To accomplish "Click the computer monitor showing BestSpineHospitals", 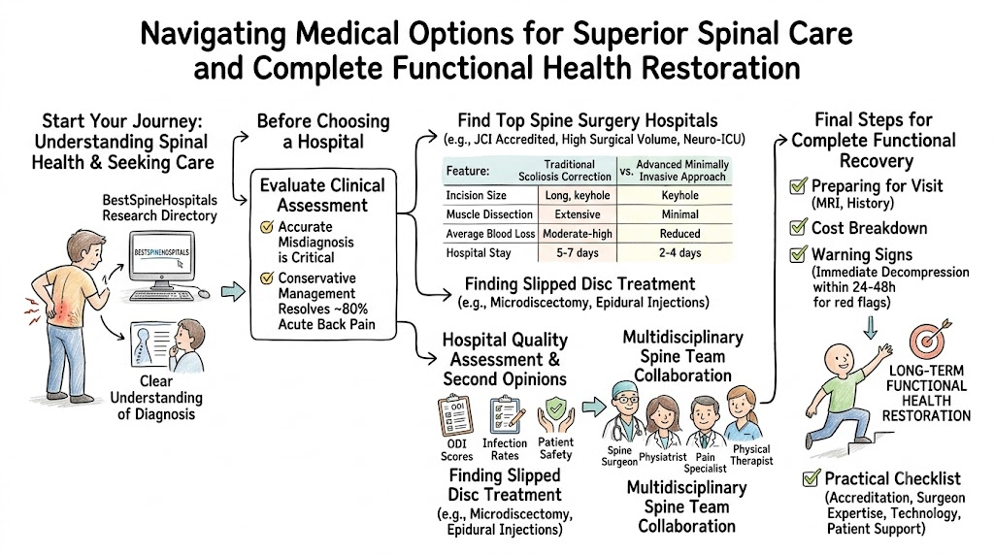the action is [162, 261].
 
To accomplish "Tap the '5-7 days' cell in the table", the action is [577, 253].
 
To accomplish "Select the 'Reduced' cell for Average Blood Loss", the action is [679, 233].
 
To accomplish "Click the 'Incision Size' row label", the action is [476, 195].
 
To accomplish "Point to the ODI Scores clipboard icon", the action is [455, 414].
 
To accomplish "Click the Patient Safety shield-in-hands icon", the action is [555, 414].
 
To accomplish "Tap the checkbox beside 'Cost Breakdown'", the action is [798, 226].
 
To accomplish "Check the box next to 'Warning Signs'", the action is [798, 253].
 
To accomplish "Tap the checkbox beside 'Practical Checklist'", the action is [811, 477].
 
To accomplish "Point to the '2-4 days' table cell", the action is [679, 253].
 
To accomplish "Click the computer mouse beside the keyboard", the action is [204, 293].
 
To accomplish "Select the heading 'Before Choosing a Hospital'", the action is [323, 131].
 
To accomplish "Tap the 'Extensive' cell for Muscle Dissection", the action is [577, 214].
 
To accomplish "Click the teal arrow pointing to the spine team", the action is [593, 407].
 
